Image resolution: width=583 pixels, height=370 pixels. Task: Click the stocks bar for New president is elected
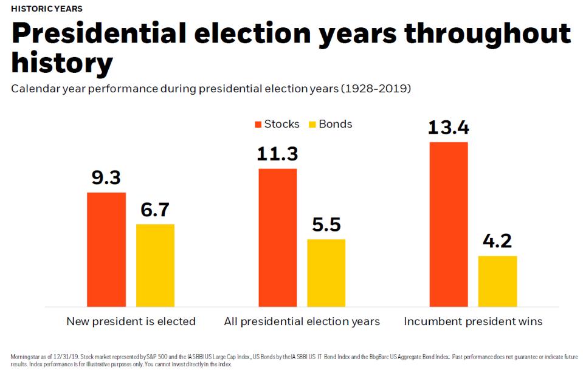click(106, 249)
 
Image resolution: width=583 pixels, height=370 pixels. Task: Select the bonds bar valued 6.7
click(155, 265)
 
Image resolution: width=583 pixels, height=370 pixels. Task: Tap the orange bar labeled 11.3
click(278, 237)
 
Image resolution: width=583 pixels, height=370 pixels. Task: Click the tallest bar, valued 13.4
click(449, 224)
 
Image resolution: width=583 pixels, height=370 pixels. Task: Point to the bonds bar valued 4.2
click(497, 281)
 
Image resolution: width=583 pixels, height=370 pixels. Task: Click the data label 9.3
click(106, 178)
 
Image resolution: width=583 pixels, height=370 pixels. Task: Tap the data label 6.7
click(155, 210)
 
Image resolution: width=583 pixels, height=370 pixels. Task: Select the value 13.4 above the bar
click(449, 128)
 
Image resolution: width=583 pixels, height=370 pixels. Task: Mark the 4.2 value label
click(497, 241)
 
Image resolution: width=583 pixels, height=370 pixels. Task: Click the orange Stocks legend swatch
click(258, 125)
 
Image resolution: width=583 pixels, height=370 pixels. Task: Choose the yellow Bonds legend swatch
click(313, 125)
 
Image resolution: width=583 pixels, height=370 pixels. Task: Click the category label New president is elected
click(131, 321)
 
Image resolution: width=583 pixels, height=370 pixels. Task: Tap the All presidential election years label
click(302, 321)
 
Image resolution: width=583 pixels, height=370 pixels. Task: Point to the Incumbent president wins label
click(473, 321)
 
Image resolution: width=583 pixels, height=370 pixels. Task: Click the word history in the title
click(62, 63)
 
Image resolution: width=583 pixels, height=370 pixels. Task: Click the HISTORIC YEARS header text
click(47, 9)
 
